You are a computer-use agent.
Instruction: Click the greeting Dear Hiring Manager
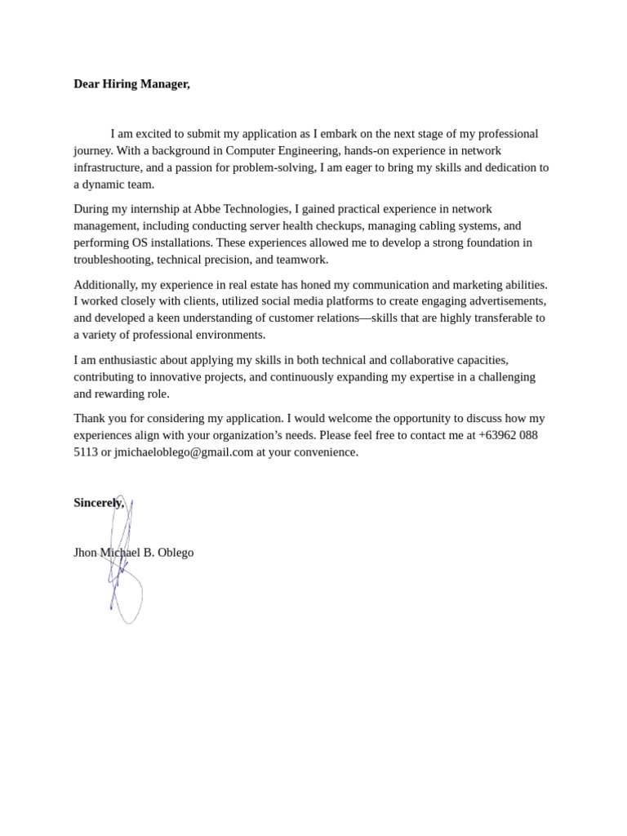click(x=131, y=84)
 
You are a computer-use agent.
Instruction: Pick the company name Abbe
click(x=207, y=209)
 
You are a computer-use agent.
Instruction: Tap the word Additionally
click(x=105, y=285)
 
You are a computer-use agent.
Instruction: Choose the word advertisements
click(x=500, y=301)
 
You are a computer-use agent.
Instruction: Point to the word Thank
click(x=90, y=419)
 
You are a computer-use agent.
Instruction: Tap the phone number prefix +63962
click(x=498, y=435)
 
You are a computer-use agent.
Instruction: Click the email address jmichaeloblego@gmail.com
click(x=184, y=452)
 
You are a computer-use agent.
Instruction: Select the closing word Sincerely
click(x=98, y=503)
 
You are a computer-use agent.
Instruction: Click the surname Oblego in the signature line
click(x=176, y=553)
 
